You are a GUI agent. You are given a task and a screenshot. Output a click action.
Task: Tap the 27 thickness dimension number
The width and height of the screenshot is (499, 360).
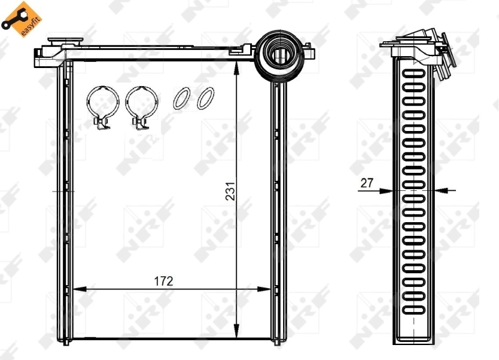click(x=366, y=183)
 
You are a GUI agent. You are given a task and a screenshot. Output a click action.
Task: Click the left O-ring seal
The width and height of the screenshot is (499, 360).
click(x=182, y=99)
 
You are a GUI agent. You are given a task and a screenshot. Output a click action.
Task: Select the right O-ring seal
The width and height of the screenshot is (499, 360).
click(x=205, y=99)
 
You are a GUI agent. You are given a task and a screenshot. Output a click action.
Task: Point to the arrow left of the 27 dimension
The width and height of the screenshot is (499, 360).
click(x=387, y=190)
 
